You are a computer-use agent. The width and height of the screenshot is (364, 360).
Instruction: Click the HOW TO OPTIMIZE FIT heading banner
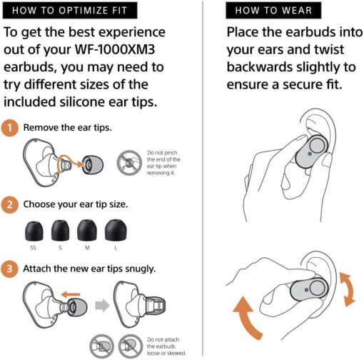70,11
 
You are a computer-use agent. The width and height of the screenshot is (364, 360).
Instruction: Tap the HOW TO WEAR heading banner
273,11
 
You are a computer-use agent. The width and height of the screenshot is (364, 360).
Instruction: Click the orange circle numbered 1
10,128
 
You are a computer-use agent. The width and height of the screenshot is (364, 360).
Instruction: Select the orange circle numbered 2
10,204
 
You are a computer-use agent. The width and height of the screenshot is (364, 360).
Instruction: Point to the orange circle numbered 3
9,269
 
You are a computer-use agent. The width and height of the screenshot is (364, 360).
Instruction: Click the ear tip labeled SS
34,231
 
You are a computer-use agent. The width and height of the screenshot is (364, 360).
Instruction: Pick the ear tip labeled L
116,230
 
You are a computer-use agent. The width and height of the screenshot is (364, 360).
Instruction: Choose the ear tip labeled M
87,230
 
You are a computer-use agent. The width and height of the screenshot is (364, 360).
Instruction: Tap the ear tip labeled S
61,231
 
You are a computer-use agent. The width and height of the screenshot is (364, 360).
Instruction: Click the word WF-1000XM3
115,49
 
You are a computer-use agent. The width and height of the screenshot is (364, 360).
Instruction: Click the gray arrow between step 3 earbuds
102,305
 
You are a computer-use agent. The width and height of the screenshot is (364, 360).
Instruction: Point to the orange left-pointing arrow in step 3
71,294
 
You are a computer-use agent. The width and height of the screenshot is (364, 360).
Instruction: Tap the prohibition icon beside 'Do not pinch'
129,163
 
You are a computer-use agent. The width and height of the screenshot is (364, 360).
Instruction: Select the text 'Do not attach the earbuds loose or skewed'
166,346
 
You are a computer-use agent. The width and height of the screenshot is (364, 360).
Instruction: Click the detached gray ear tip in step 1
93,165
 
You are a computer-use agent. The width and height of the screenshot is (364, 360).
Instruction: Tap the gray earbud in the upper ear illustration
312,151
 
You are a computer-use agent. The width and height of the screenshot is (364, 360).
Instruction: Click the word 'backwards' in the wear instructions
260,67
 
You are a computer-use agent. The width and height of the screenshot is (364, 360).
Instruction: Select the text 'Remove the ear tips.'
68,128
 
